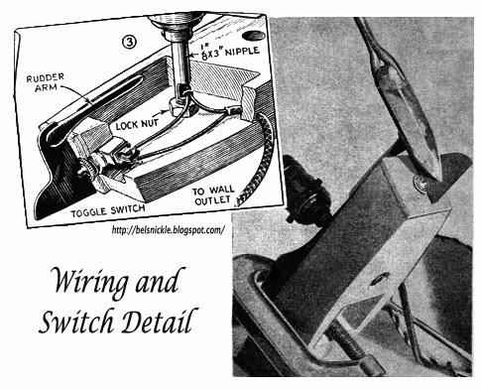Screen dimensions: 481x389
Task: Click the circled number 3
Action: pos(129,43)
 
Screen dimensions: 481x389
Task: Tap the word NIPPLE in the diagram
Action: pos(242,52)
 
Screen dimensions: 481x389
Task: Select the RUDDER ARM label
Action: pos(46,82)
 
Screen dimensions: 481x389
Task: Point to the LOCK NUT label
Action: pos(137,125)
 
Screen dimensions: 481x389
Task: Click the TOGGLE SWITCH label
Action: pos(108,210)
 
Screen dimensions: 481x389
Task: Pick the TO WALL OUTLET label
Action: pos(213,195)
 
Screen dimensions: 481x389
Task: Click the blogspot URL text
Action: pos(169,229)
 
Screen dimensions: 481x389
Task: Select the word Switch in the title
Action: pos(78,321)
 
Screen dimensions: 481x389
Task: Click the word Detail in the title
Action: pos(161,321)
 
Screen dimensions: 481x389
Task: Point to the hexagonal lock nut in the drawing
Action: pos(177,108)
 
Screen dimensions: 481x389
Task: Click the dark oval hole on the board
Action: pos(253,35)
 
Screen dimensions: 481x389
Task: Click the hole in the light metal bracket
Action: pos(380,280)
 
